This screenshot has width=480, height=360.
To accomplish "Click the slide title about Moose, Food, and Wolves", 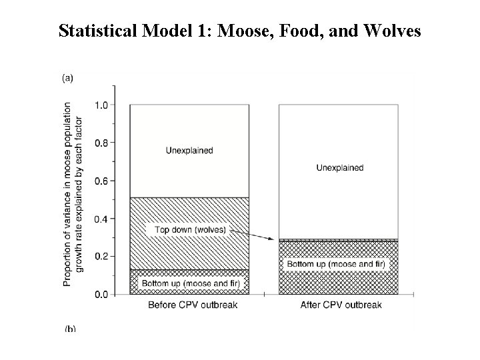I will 239,31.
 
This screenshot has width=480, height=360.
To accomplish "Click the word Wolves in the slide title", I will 389,31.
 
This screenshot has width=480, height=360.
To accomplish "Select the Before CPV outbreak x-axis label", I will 189,305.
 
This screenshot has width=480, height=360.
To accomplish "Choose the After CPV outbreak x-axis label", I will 340,305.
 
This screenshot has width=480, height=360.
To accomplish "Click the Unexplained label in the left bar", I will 189,151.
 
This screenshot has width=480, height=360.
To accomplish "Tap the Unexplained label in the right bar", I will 340,167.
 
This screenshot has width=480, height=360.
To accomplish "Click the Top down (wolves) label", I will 190,230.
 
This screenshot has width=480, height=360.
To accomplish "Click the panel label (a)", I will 68,78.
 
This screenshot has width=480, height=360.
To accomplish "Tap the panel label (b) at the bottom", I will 69,329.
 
